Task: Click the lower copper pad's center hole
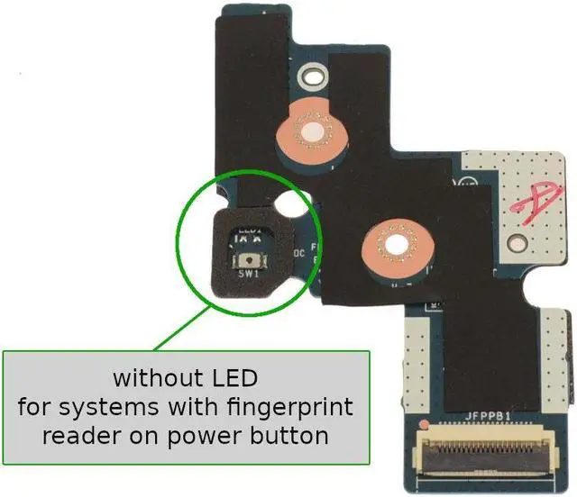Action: coord(393,243)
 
